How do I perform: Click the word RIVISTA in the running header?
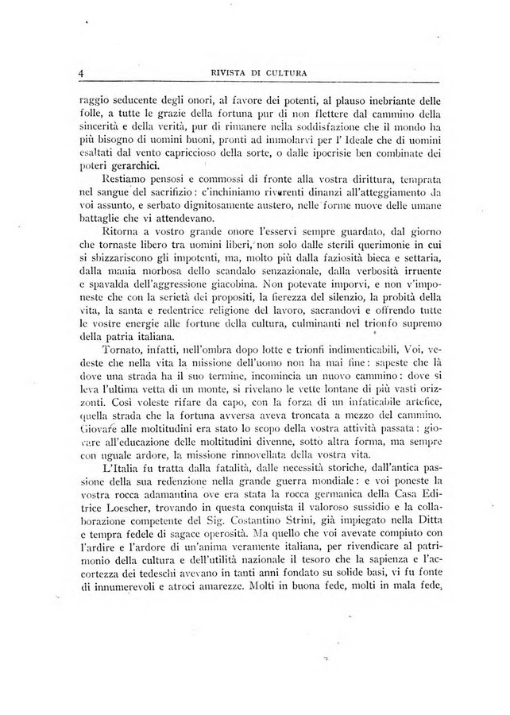pos(218,75)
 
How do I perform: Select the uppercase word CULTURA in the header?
pos(280,75)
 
